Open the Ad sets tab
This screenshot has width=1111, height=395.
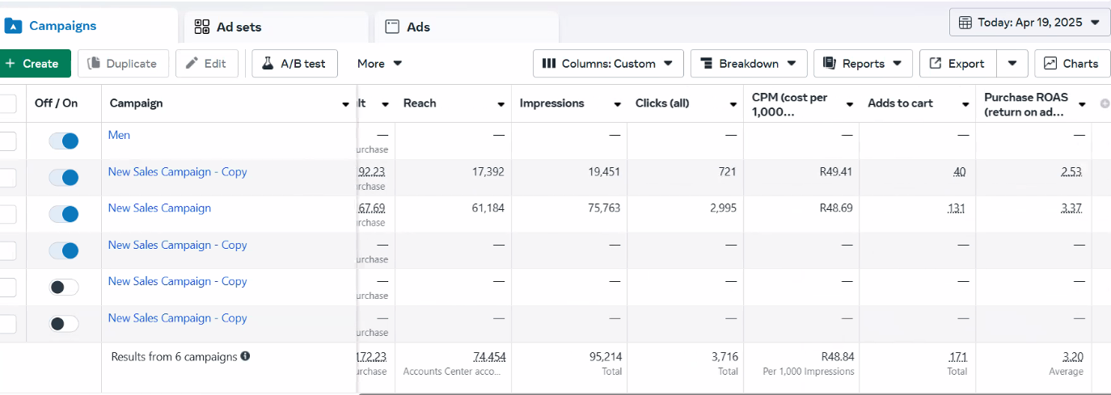(x=228, y=27)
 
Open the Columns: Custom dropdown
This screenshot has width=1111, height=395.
(x=608, y=64)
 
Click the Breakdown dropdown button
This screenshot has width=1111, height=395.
(x=748, y=64)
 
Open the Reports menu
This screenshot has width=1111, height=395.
(x=863, y=64)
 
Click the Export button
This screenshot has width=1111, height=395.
(x=958, y=64)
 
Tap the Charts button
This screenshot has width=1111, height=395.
(x=1071, y=64)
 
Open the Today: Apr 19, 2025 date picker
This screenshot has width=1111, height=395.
(x=1029, y=23)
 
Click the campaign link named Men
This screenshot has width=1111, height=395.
(x=119, y=135)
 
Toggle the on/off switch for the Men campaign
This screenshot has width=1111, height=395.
(x=64, y=141)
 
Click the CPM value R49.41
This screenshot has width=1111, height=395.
(x=835, y=172)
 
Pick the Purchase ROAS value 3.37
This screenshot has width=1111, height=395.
(x=1071, y=208)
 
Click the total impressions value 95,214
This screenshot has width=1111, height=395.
(x=606, y=356)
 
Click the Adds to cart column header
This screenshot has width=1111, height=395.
(x=900, y=103)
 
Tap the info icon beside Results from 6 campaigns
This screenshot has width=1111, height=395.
(x=245, y=356)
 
